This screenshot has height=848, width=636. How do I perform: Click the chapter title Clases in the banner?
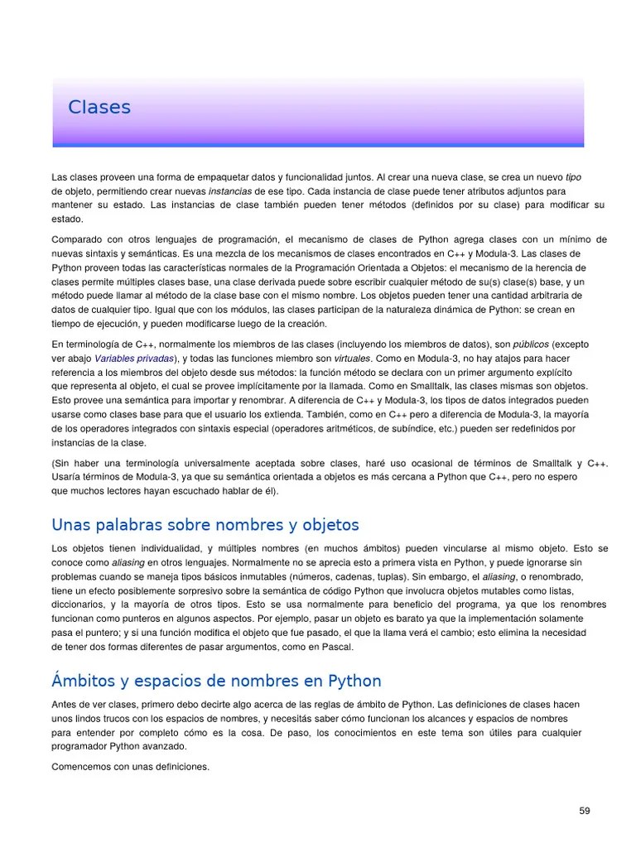[x=99, y=108]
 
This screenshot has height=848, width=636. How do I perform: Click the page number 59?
[x=585, y=811]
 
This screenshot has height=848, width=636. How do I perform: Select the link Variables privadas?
[x=134, y=359]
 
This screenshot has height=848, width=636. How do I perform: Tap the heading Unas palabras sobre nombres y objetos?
[x=205, y=525]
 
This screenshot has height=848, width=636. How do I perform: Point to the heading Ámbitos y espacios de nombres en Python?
[x=216, y=681]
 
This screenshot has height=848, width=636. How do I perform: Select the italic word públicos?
[x=531, y=344]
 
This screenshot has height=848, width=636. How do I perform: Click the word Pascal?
[x=336, y=647]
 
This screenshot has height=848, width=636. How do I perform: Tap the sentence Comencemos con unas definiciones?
[x=130, y=767]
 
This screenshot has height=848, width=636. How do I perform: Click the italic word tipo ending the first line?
[x=573, y=177]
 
